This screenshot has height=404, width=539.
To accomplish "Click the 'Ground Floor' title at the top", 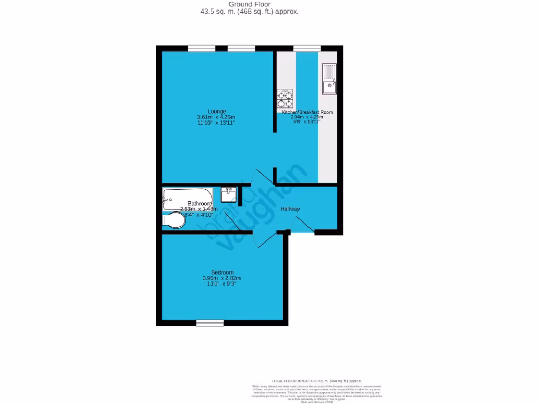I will pyautogui.click(x=249, y=4).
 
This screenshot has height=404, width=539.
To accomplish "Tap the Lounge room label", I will pyautogui.click(x=216, y=112).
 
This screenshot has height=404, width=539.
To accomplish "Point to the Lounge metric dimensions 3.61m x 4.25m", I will pyautogui.click(x=216, y=117).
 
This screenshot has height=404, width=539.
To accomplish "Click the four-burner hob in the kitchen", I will pyautogui.click(x=285, y=99).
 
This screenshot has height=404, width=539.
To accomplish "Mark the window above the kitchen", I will pyautogui.click(x=306, y=48).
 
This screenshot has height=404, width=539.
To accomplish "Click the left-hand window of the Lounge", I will pyautogui.click(x=202, y=48).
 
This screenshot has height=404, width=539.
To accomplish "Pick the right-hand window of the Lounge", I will pyautogui.click(x=242, y=48).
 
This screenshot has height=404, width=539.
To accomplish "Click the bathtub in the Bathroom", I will pyautogui.click(x=187, y=197).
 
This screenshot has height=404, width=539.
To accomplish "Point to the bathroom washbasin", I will pyautogui.click(x=228, y=195).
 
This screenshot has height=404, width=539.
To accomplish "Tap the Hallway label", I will pyautogui.click(x=290, y=209).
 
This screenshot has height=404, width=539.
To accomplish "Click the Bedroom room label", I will pyautogui.click(x=222, y=272).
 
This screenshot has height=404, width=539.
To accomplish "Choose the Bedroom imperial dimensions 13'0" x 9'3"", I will pyautogui.click(x=221, y=284).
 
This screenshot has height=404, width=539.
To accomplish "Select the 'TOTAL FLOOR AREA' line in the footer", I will pyautogui.click(x=316, y=381).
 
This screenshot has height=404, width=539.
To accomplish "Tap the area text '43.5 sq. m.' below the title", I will pyautogui.click(x=219, y=12).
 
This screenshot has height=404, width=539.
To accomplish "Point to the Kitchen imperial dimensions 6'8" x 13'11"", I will pyautogui.click(x=306, y=123).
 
